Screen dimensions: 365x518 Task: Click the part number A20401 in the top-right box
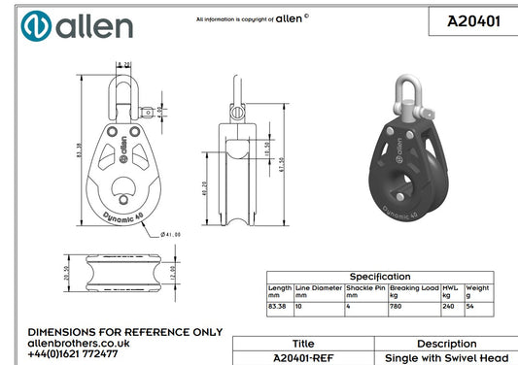tap(473, 19)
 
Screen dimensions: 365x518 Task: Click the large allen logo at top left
tap(77, 25)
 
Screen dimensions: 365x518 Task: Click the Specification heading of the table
tap(380, 277)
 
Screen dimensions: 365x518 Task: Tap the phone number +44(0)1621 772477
tap(74, 354)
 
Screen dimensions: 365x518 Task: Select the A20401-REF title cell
tap(303, 357)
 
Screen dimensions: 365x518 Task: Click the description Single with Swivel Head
tap(446, 357)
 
